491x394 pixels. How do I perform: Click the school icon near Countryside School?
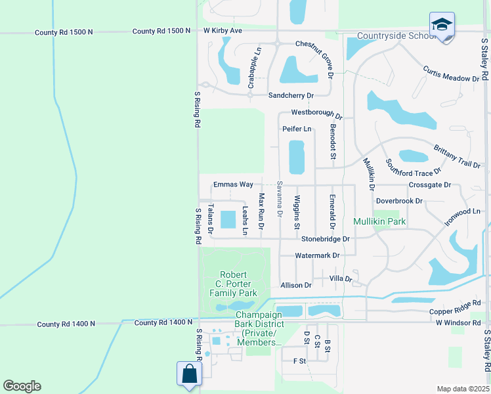coord(442,26)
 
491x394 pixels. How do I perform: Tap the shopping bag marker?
coord(189,374)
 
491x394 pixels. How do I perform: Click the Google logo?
coord(22,386)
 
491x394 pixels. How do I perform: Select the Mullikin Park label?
coord(379,222)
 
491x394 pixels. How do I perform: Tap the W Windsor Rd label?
coord(458,322)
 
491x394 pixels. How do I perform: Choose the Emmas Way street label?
coord(233,185)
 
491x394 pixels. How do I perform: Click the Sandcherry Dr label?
coord(292,95)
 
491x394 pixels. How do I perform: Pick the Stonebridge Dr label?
coord(325,239)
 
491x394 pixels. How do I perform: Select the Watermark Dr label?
coord(317,255)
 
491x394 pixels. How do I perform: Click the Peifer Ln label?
coord(297,129)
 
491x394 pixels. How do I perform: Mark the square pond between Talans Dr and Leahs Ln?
coord(228,219)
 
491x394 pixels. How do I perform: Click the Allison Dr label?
coord(295,285)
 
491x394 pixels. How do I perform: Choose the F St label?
coord(299,361)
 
